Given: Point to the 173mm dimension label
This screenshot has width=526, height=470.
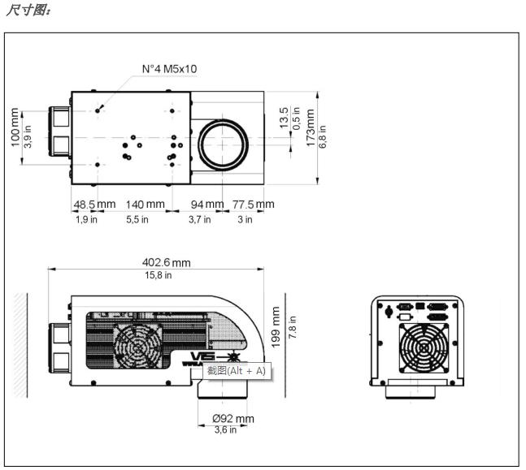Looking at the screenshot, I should click(x=311, y=127).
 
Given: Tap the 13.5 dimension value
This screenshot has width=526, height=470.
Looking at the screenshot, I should click(x=284, y=118).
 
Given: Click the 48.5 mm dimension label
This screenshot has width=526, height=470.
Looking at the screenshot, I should click(x=94, y=205).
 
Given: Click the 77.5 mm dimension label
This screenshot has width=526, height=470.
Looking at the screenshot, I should click(x=253, y=205).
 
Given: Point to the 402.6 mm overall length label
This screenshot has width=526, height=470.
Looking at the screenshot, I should click(x=159, y=262).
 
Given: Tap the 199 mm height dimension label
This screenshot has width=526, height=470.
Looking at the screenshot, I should click(x=276, y=326).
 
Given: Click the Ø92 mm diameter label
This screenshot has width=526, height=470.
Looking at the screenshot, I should click(x=233, y=419).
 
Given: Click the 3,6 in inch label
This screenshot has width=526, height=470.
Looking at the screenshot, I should click(x=224, y=430).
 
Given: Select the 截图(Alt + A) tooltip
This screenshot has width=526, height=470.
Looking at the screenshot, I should click(x=236, y=371).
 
